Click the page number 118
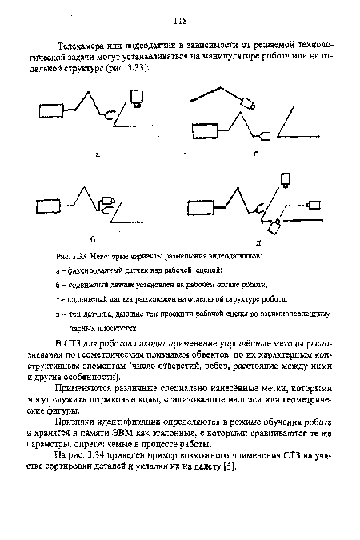[x=180, y=22]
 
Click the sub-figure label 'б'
[x=94, y=238]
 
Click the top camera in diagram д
[x=283, y=181]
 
